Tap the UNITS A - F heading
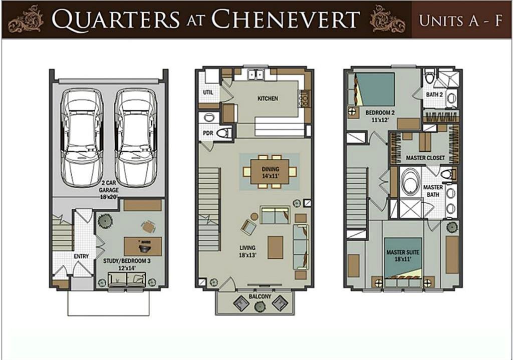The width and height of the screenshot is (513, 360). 461,20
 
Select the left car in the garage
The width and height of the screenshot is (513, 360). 82,137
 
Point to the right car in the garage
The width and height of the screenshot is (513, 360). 136,137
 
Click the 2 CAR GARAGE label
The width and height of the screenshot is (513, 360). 109,186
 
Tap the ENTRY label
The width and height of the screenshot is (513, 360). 81,256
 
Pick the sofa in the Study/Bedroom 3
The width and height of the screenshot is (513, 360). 127,279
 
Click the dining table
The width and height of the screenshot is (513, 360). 270,172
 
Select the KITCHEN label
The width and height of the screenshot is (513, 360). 268,99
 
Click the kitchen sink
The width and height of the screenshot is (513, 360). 256,75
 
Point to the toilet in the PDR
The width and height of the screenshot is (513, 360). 224,133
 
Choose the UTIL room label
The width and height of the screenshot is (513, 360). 208,92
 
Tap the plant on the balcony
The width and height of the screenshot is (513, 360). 260,306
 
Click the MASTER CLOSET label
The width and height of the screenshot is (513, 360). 425,158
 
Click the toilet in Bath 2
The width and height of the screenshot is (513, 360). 429,77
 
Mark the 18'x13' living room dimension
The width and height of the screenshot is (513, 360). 247,255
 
